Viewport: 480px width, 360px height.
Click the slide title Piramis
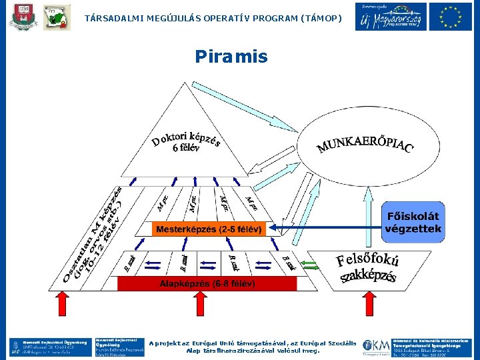coord(231,56)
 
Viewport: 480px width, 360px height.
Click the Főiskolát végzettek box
coord(413,223)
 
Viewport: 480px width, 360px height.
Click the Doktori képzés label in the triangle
coord(185,140)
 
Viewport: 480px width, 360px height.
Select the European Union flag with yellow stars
coord(450,17)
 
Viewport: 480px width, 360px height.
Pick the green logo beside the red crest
coord(57,17)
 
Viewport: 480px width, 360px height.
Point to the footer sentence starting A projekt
coord(253,347)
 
